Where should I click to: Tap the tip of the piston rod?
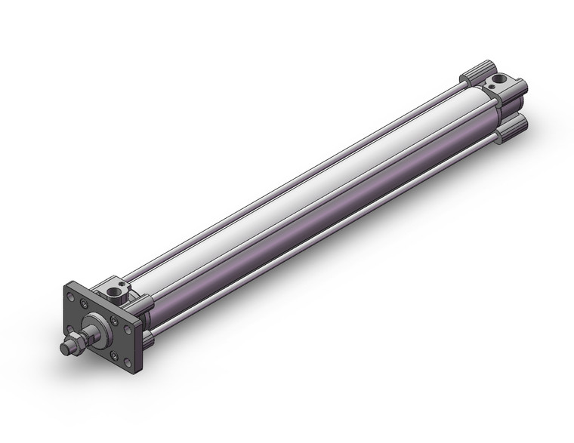tap(65, 348)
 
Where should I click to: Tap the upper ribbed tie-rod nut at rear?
tap(477, 75)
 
